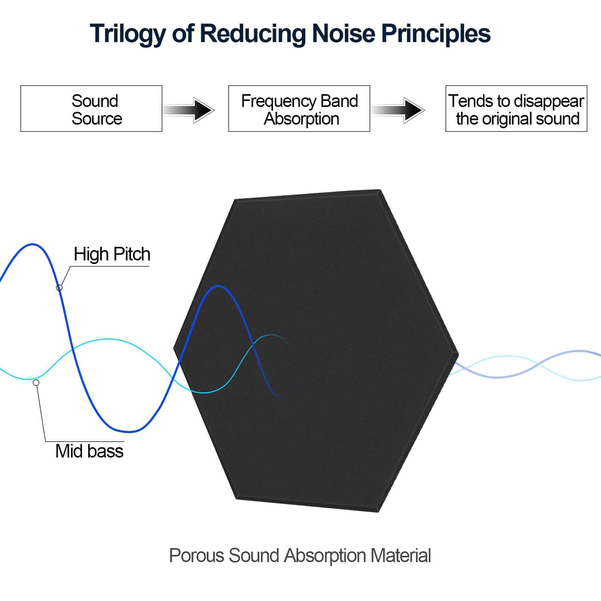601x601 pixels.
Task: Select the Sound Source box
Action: tap(91, 109)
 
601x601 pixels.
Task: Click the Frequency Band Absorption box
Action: tap(299, 109)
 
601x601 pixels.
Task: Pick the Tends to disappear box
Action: tap(516, 109)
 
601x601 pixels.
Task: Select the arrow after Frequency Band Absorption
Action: tap(398, 109)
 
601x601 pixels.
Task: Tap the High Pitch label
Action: tap(112, 254)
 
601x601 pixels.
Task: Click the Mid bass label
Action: tap(89, 451)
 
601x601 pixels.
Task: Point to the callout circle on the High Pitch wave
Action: tap(59, 287)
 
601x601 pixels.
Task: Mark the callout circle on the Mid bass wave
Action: tap(36, 383)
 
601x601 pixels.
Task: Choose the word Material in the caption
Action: tap(400, 556)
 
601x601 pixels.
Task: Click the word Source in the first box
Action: tap(97, 119)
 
